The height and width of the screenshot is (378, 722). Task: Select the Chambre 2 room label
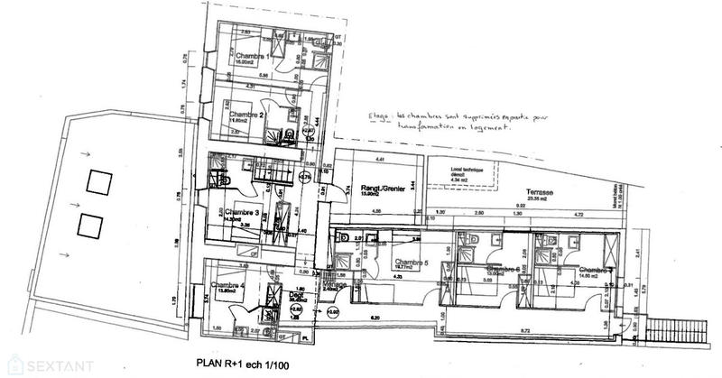pyautogui.click(x=245, y=116)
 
